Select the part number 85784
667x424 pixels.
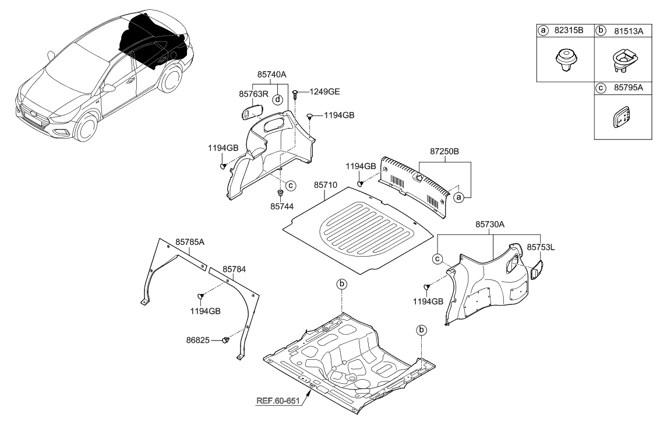click(234, 269)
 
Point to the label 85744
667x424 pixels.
click(282, 206)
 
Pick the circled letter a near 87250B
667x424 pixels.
click(458, 198)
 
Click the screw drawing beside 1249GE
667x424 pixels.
click(297, 94)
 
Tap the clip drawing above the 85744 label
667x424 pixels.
click(281, 193)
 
